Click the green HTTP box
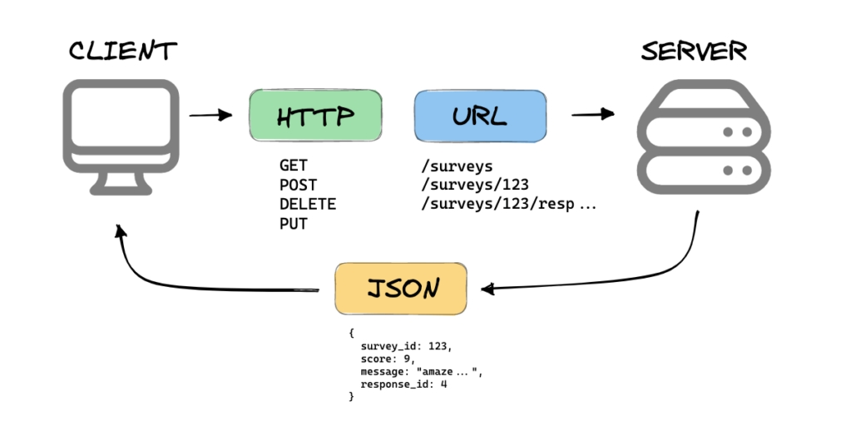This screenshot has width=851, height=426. [315, 116]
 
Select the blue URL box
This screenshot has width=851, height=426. [480, 116]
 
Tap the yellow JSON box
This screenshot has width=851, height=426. [401, 289]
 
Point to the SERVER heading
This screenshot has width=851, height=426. [694, 52]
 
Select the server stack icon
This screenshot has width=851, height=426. [704, 138]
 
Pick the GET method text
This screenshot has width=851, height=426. [293, 166]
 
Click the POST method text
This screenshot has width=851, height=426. [298, 185]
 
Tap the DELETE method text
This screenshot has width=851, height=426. [308, 204]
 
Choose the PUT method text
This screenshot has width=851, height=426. [293, 223]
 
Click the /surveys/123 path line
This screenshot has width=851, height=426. [475, 185]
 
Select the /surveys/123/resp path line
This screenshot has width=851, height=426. [509, 204]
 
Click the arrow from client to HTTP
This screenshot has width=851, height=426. [210, 115]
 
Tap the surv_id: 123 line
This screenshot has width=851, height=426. [406, 344]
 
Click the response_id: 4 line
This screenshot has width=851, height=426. [403, 384]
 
